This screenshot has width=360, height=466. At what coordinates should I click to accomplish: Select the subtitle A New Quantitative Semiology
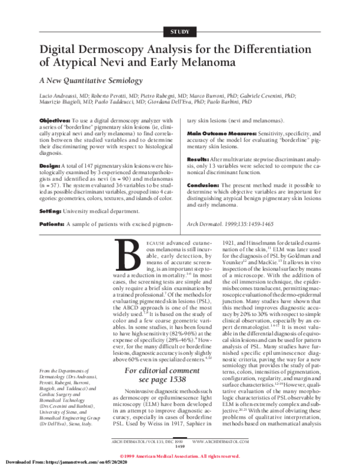92,80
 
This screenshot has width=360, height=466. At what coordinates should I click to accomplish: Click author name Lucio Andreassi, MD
64,96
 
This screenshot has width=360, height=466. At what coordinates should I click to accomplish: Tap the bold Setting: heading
51,212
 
